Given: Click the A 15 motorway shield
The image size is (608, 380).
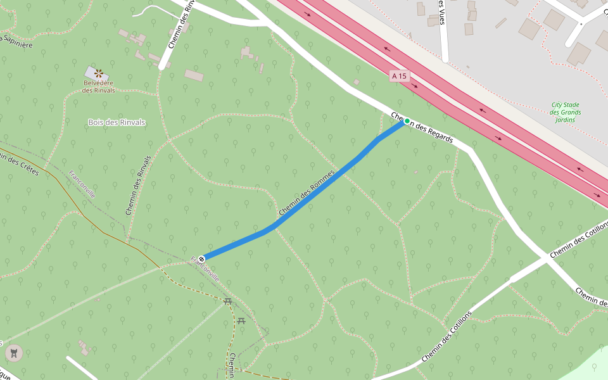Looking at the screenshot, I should (x=399, y=76).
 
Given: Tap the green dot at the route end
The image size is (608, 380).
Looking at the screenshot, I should (x=407, y=121).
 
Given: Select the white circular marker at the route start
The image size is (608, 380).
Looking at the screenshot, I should (x=201, y=258).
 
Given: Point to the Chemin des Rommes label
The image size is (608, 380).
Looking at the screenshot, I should (x=306, y=193).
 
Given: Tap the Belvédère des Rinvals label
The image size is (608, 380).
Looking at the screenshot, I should (x=99, y=86).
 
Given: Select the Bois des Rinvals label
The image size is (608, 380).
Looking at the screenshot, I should (x=117, y=122).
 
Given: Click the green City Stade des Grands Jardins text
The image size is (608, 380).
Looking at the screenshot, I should (x=566, y=112).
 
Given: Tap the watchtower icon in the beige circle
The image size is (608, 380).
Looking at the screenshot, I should (x=14, y=352).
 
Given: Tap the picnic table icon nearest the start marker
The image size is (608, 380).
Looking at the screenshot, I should (x=227, y=301).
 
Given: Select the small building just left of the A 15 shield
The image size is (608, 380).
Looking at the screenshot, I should (x=357, y=82).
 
